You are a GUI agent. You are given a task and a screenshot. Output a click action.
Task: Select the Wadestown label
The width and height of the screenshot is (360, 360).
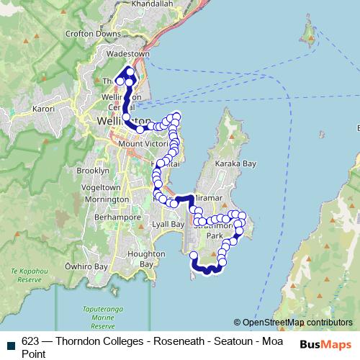coord(127,54)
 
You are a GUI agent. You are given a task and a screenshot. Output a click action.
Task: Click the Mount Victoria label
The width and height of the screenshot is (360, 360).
coord(126,144)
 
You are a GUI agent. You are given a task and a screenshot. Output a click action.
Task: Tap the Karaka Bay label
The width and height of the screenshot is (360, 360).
coord(239,164)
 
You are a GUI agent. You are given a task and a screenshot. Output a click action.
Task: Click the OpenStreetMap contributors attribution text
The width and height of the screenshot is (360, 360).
coord(297,323)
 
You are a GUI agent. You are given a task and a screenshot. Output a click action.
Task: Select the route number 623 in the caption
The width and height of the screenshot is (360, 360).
coord(30,341)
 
